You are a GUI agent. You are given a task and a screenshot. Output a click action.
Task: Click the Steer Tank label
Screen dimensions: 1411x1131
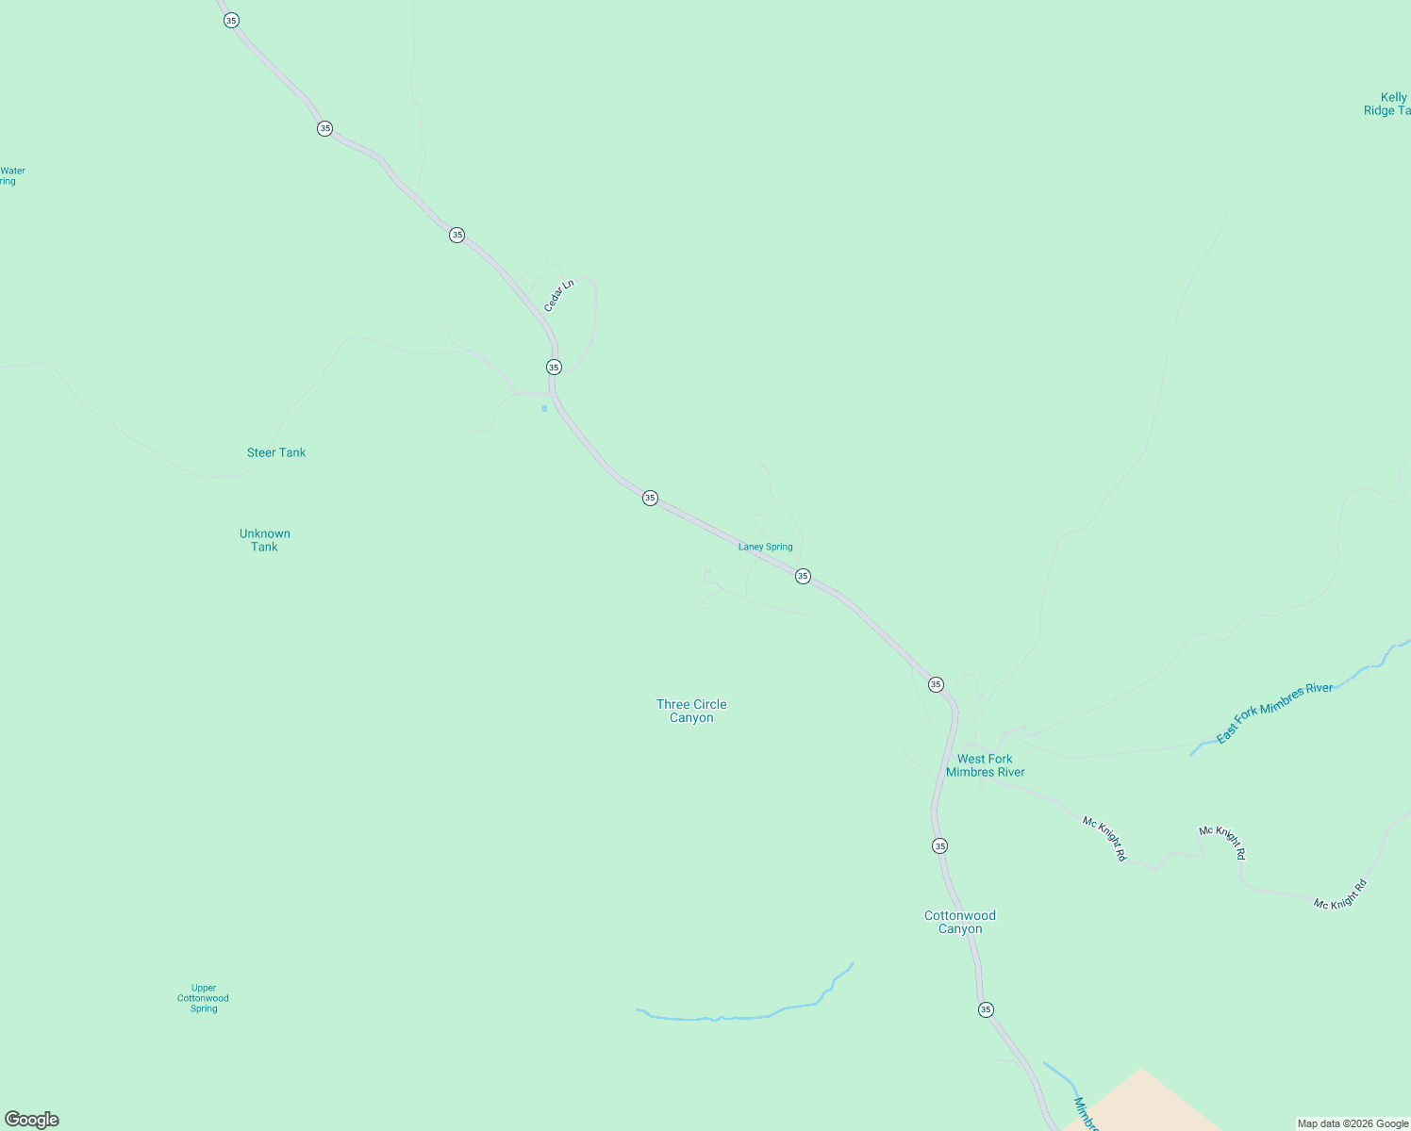(276, 452)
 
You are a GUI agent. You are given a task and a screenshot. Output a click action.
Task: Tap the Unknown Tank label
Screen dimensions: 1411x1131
(265, 540)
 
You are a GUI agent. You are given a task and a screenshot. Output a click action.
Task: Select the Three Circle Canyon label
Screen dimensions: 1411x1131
(691, 711)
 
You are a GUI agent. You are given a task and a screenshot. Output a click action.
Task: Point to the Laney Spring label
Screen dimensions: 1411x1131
(765, 547)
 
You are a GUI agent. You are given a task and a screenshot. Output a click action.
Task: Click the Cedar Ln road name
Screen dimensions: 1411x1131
(558, 296)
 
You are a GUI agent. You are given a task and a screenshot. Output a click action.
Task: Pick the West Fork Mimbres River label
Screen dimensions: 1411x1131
(985, 765)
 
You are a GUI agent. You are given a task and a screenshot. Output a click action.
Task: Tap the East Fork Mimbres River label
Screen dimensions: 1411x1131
(1274, 713)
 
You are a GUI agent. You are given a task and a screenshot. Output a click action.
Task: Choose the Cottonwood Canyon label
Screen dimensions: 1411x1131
(960, 922)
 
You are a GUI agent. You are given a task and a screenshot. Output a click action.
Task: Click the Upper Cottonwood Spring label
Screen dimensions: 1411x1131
(204, 998)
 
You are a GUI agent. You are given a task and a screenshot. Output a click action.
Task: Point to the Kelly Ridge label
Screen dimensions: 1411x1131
(1388, 104)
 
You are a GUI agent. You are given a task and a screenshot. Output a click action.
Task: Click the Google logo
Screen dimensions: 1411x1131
(32, 1120)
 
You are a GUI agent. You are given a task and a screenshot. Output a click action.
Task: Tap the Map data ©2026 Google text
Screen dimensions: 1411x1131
(1353, 1123)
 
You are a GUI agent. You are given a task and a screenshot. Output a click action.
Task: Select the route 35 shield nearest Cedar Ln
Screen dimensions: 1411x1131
(554, 368)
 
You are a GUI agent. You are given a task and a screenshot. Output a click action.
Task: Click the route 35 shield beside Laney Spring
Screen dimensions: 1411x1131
(803, 576)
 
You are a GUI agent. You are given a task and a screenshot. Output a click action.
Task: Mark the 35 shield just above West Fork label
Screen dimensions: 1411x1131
(936, 684)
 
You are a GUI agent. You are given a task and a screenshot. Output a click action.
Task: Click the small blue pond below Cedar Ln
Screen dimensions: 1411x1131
(544, 408)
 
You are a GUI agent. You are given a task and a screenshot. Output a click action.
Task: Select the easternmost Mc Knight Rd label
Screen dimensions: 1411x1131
(1340, 893)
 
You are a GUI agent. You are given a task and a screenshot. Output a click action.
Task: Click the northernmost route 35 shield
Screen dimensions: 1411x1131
(231, 21)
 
